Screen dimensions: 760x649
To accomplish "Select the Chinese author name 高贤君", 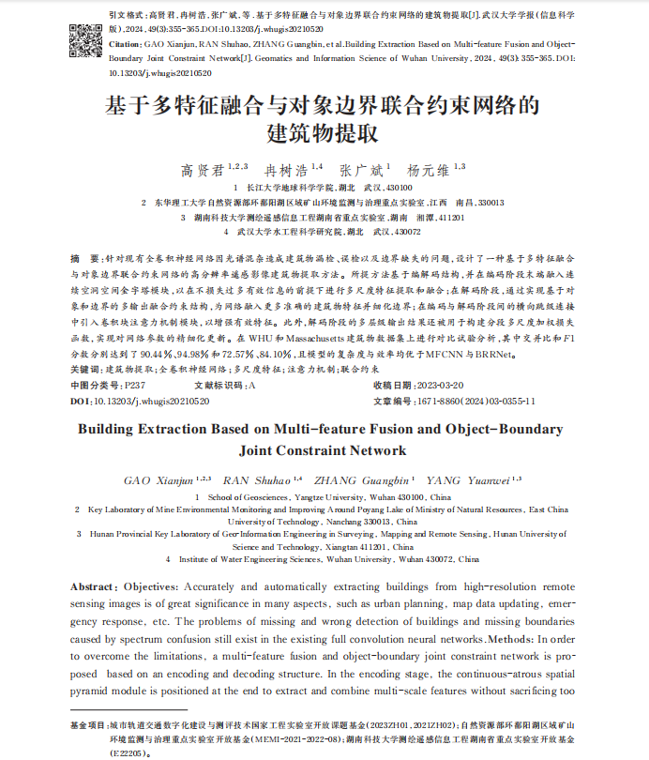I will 201,170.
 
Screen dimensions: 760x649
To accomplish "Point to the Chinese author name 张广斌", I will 358,170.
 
